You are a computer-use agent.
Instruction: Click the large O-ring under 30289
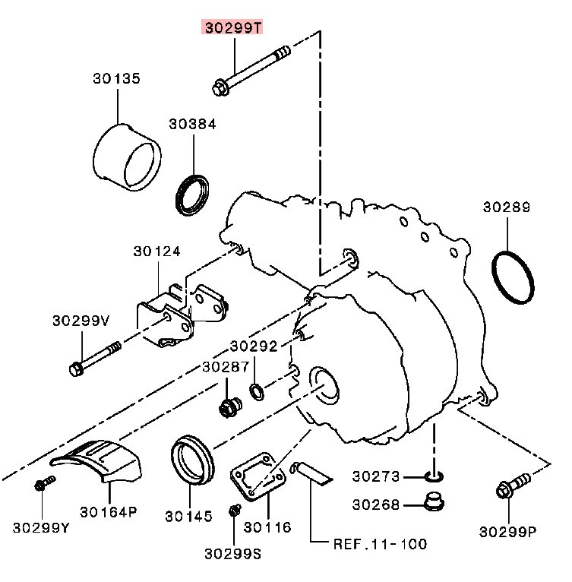pyautogui.click(x=511, y=278)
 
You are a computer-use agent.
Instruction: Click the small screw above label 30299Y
pyautogui.click(x=44, y=483)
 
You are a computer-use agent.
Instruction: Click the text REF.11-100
pyautogui.click(x=380, y=544)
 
